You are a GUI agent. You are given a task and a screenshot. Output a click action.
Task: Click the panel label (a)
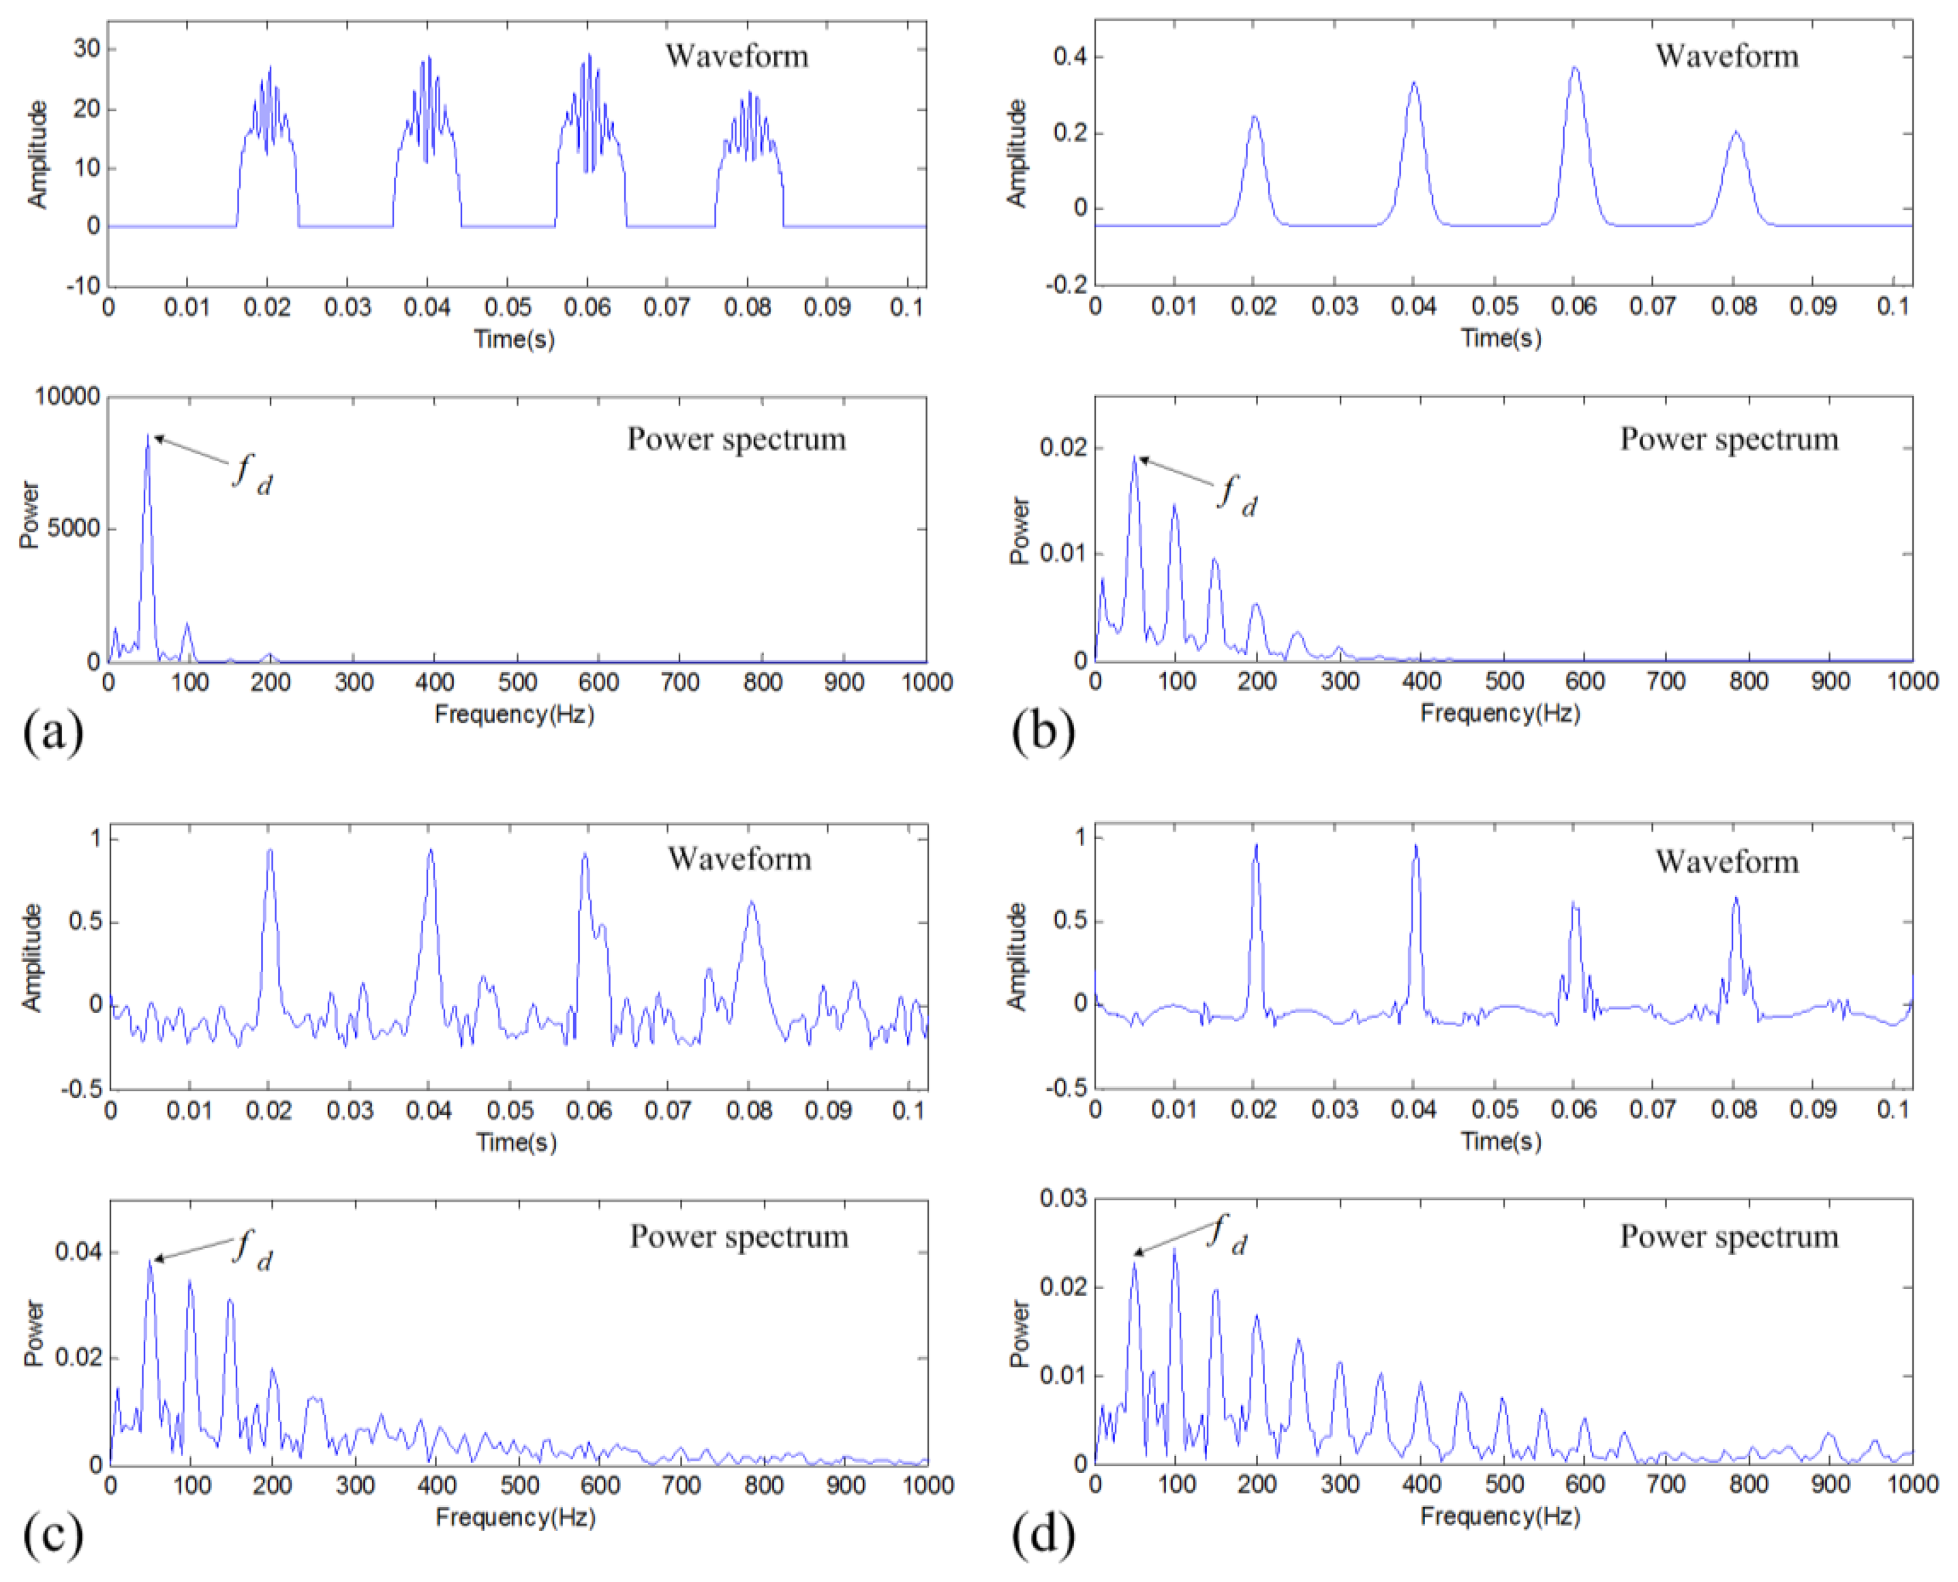[53, 732]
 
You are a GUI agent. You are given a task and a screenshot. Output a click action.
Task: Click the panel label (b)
[1042, 732]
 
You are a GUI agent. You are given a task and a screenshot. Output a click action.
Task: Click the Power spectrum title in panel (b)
[1729, 440]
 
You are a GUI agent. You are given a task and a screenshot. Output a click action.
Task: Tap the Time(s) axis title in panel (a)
[514, 339]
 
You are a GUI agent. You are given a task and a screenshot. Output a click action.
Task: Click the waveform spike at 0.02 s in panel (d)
[1256, 846]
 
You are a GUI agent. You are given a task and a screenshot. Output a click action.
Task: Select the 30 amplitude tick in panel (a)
[87, 49]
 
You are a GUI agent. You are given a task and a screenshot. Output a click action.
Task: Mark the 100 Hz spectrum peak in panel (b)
[1175, 506]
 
